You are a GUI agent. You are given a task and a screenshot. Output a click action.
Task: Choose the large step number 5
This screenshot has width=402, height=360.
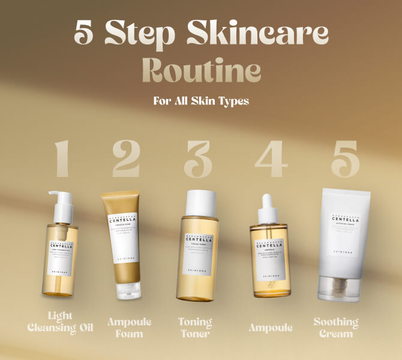345,160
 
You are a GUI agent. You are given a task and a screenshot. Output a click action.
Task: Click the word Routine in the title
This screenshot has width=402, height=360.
201,71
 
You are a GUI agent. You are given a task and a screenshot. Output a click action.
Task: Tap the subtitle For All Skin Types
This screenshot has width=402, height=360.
201,101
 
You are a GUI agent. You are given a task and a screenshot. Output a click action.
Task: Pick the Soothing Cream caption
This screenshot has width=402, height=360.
336,327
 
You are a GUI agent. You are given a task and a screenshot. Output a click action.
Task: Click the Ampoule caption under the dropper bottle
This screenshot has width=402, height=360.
271,327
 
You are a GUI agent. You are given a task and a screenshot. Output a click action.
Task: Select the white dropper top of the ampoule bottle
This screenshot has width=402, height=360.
268,207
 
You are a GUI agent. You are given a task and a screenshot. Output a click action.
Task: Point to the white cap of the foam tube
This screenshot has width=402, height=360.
125,292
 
